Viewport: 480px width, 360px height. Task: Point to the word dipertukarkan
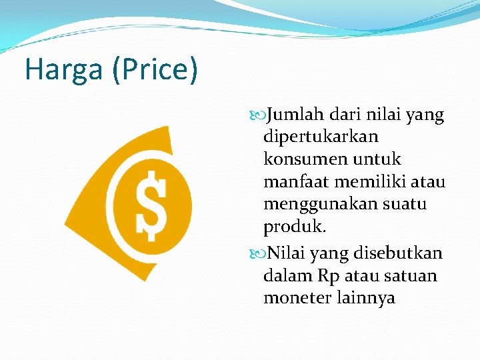pyautogui.click(x=321, y=137)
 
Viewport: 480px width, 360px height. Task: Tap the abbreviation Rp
pyautogui.click(x=329, y=275)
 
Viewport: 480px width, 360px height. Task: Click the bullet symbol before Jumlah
pyautogui.click(x=259, y=116)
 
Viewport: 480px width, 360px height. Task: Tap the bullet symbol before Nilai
pyautogui.click(x=259, y=254)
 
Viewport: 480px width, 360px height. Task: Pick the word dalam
pyautogui.click(x=285, y=275)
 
